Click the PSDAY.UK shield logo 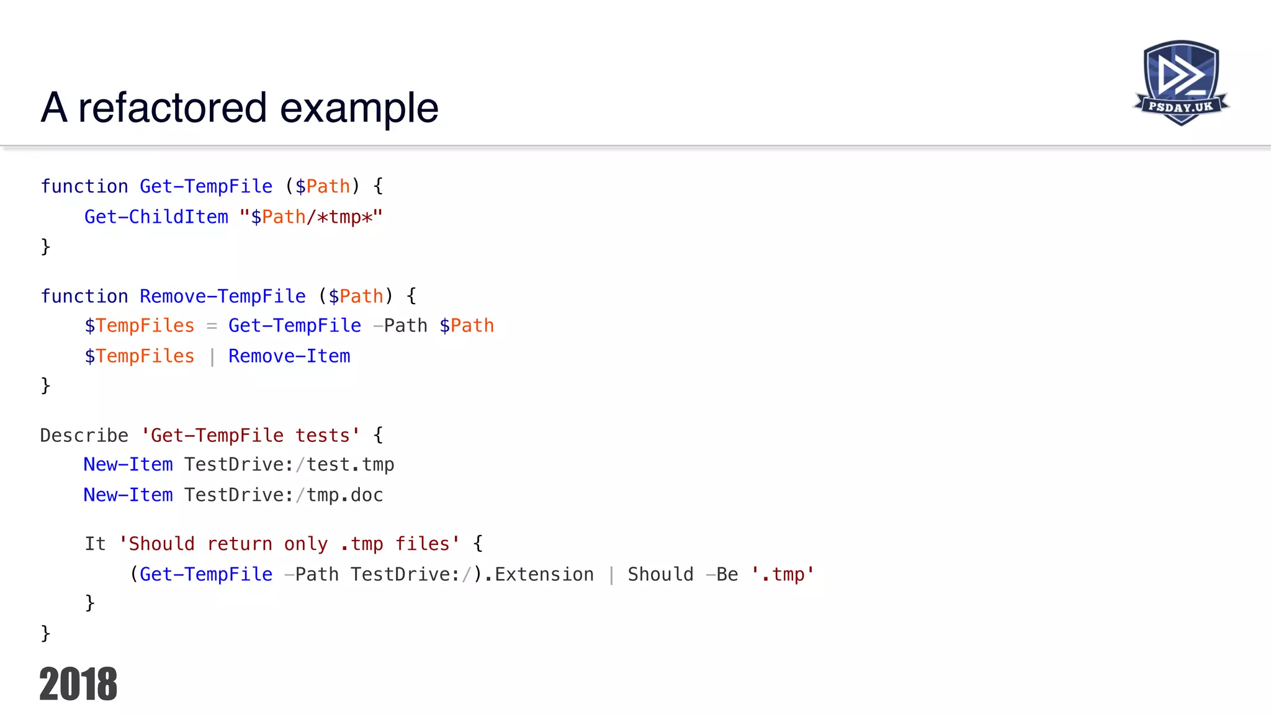(1181, 83)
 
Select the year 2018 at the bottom (78, 684)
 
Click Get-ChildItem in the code (156, 217)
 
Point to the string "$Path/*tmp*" (311, 217)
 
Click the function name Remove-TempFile (223, 296)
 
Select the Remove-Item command (289, 356)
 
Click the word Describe (84, 435)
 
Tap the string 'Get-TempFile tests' (251, 435)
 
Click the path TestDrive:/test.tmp (289, 464)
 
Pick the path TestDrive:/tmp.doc (284, 495)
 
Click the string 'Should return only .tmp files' (289, 544)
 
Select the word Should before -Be (660, 574)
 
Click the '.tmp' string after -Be (783, 574)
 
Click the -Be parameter (722, 574)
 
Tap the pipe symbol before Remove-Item (212, 356)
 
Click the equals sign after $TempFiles (212, 326)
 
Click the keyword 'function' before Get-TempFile (84, 186)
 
